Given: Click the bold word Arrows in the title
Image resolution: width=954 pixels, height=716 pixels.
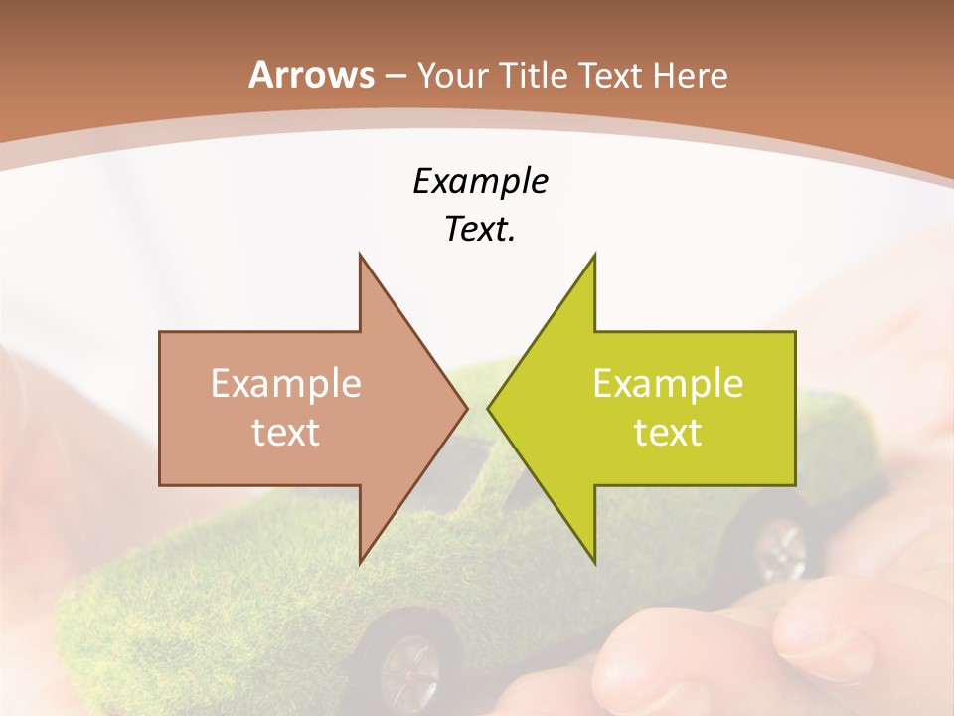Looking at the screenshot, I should [311, 75].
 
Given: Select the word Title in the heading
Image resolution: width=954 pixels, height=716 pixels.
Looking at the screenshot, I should [534, 76].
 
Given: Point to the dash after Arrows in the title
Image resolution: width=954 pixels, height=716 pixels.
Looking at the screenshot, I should [396, 77].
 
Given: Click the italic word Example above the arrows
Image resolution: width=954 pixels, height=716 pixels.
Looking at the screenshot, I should [480, 182].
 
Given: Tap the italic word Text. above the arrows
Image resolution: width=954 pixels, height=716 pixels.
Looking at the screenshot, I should [480, 229].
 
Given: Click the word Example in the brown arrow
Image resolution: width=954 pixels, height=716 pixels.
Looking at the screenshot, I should [286, 384].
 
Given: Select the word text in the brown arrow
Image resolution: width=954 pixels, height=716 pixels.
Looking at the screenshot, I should [286, 433].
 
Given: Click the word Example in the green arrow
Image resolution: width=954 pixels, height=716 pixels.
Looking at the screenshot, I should [668, 384].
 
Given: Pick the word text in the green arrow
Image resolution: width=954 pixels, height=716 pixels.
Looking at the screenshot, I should [668, 433].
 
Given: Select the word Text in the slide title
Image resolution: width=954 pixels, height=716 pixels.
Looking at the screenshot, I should [610, 76].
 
